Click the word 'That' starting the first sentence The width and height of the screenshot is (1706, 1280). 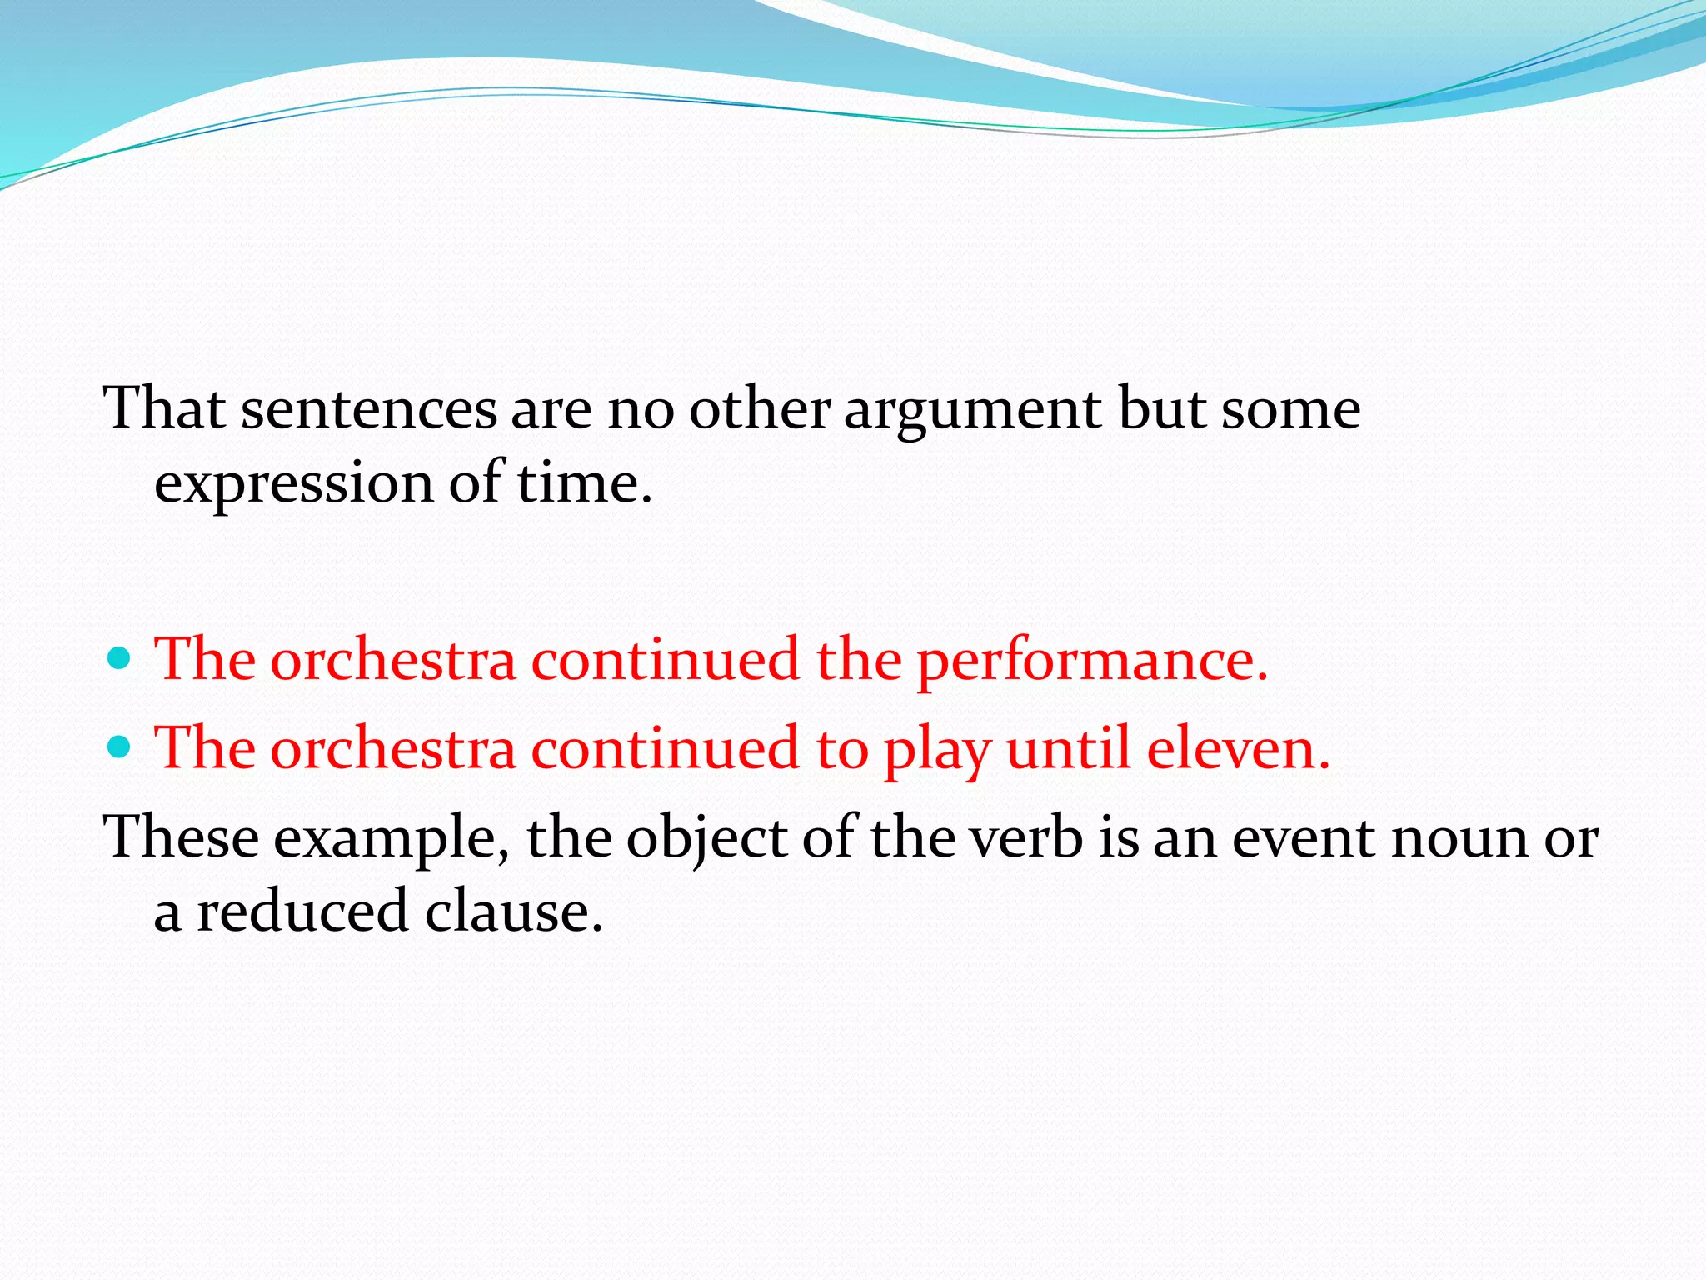[164, 408]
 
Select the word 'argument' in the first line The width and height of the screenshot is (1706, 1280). [972, 410]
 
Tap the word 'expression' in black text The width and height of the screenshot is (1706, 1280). [294, 484]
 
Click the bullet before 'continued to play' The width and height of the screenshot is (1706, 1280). [121, 747]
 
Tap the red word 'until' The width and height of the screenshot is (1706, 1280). [1068, 747]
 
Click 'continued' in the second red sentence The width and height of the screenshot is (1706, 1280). [666, 747]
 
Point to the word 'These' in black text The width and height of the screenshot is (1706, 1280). [181, 837]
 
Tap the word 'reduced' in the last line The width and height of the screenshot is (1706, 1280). [302, 911]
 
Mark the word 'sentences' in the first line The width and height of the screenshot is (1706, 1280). [369, 410]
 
